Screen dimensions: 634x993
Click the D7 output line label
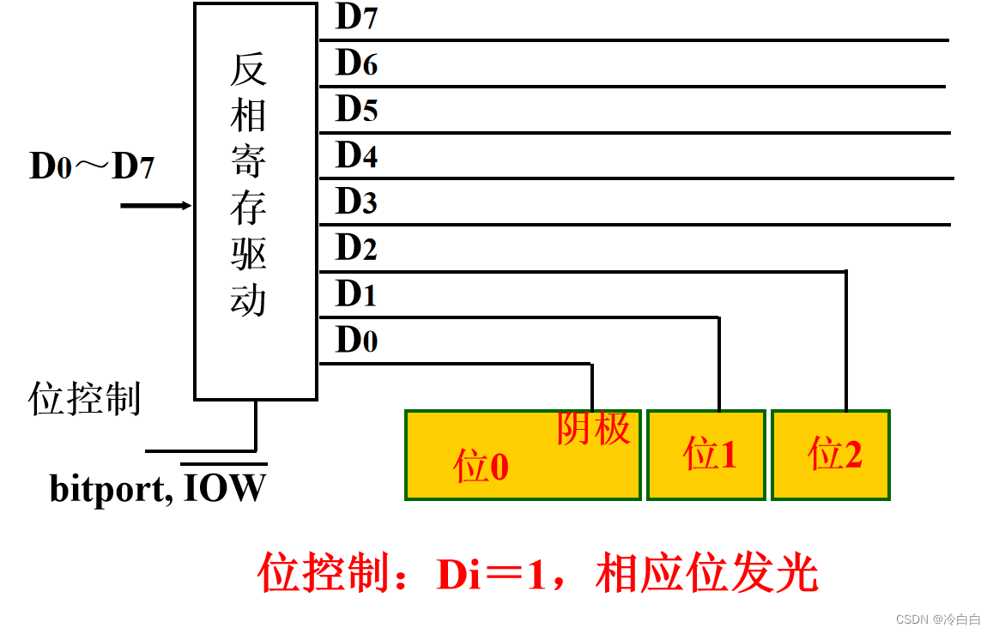(x=356, y=17)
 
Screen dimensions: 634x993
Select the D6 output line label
(x=356, y=63)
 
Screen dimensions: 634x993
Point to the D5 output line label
(x=356, y=110)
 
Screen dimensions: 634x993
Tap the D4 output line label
(x=356, y=156)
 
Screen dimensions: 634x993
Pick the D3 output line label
(x=356, y=202)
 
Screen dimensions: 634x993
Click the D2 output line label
(x=356, y=249)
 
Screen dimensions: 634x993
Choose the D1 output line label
(x=356, y=294)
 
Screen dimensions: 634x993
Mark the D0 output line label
(x=356, y=341)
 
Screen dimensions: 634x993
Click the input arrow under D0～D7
(x=155, y=206)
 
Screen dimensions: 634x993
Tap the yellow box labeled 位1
(x=706, y=455)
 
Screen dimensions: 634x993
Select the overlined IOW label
(x=226, y=488)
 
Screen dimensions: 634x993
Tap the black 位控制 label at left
(x=85, y=400)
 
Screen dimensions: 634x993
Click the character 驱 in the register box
(x=248, y=256)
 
